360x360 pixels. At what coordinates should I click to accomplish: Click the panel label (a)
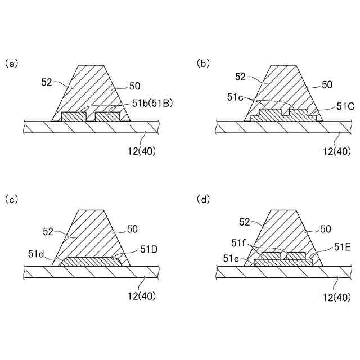[11, 63]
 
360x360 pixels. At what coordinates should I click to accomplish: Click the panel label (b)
[203, 63]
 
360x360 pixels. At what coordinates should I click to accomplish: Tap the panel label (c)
[11, 199]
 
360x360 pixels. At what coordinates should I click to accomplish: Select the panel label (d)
[203, 199]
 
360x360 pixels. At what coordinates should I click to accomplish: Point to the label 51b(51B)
[153, 103]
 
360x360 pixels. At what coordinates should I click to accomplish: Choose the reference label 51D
[148, 249]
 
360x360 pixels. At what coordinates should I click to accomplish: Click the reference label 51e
[231, 258]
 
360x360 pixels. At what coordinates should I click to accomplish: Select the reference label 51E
[343, 246]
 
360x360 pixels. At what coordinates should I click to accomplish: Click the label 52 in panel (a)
[47, 82]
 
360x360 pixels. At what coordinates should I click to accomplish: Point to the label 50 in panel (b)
[327, 85]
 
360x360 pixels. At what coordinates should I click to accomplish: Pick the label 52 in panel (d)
[244, 222]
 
